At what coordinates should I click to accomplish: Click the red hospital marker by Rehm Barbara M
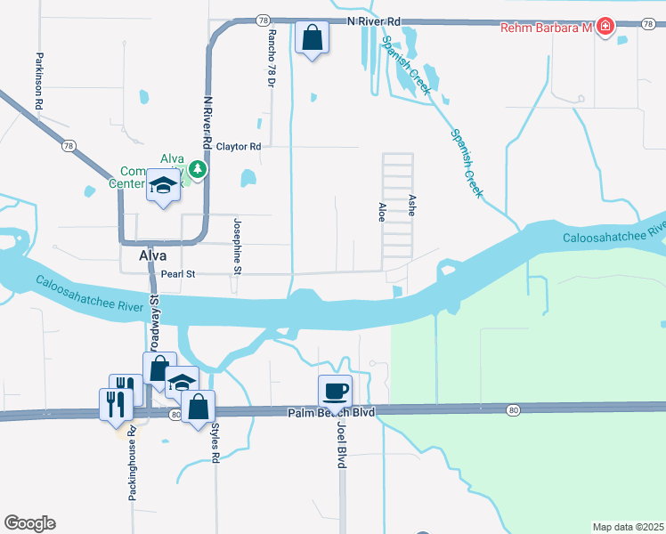[605, 28]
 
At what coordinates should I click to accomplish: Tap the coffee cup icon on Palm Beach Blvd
[336, 391]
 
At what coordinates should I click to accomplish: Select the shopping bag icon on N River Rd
[312, 37]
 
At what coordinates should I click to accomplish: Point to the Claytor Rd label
[239, 147]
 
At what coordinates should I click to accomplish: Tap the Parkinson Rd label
[39, 81]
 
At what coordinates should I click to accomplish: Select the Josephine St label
[238, 247]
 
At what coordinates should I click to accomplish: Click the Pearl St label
[175, 274]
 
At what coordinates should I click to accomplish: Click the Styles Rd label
[215, 441]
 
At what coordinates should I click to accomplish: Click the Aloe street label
[382, 212]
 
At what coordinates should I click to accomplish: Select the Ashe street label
[410, 206]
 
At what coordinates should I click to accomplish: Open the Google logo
[29, 523]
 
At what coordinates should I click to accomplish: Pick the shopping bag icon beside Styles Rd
[198, 408]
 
